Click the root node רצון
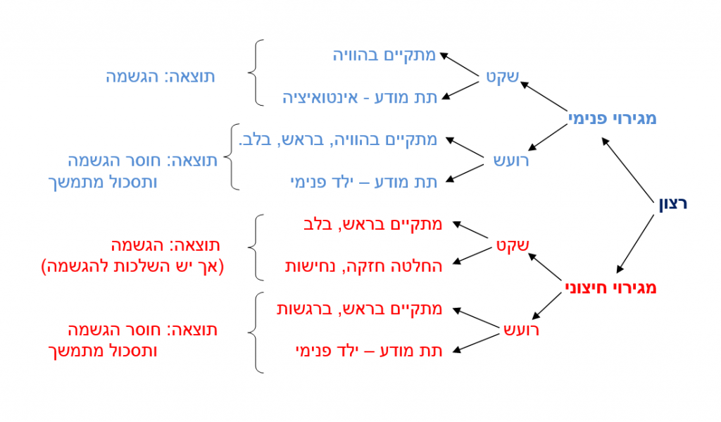pyautogui.click(x=672, y=204)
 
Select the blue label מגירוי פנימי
pyautogui.click(x=612, y=118)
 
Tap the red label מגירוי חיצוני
pyautogui.click(x=610, y=287)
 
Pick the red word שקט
pyautogui.click(x=513, y=246)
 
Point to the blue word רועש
pyautogui.click(x=511, y=161)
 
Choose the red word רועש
pyautogui.click(x=522, y=330)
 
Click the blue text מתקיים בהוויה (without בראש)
pyautogui.click(x=384, y=55)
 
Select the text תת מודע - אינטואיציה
pyautogui.click(x=360, y=97)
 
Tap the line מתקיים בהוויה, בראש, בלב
pyautogui.click(x=338, y=139)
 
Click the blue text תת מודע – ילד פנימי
pyautogui.click(x=364, y=182)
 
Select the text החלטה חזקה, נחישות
pyautogui.click(x=364, y=266)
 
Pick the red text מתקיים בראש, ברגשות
pyautogui.click(x=360, y=309)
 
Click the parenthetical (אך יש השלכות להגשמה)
pyautogui.click(x=132, y=266)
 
